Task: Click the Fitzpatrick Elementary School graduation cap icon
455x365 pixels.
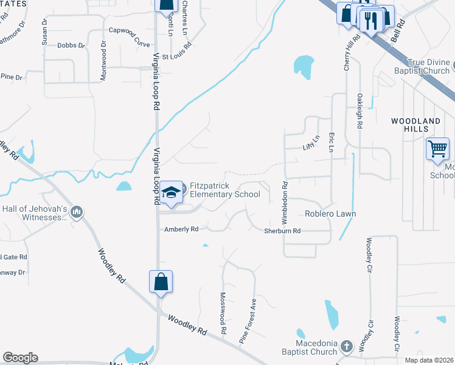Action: [x=172, y=192]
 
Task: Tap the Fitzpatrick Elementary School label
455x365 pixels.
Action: [x=225, y=190]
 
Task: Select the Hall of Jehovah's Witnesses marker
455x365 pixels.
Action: [x=77, y=212]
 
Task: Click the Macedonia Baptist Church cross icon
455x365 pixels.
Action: [x=346, y=347]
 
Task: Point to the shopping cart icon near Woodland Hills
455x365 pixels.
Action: [x=437, y=148]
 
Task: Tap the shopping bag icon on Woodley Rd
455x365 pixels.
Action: [x=161, y=282]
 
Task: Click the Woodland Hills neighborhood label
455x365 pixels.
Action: [x=415, y=126]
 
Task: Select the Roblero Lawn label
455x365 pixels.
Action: [x=330, y=214]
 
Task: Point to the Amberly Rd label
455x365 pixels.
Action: [x=181, y=229]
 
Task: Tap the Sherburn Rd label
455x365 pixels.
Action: [x=282, y=231]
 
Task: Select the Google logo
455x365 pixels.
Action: [x=20, y=358]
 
